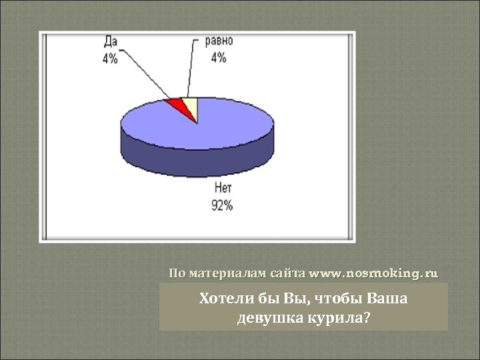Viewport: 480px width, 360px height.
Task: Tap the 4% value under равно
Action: coord(219,57)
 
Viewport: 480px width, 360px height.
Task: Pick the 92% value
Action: coord(223,206)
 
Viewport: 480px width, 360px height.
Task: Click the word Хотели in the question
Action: coord(221,299)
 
